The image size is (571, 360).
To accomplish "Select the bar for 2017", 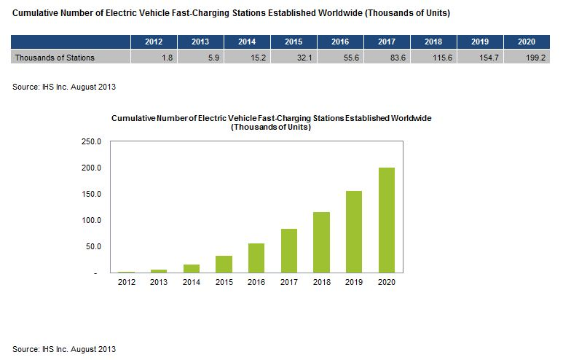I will (289, 251).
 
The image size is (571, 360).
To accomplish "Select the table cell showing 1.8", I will (154, 57).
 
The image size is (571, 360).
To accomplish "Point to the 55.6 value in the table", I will (340, 57).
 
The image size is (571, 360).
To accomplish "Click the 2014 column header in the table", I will (247, 42).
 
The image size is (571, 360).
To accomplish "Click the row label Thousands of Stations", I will (55, 57).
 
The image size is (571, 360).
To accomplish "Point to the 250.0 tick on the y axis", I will (91, 141).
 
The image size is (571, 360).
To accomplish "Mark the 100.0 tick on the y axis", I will (91, 220).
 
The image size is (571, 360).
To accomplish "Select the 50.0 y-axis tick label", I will (93, 246).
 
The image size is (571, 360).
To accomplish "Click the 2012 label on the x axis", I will (127, 282).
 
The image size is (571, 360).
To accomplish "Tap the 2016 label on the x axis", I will (256, 282).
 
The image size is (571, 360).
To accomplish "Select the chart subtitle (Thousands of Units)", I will (270, 127).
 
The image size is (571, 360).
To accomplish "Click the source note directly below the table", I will (64, 87).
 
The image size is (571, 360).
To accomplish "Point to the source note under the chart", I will (64, 349).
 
